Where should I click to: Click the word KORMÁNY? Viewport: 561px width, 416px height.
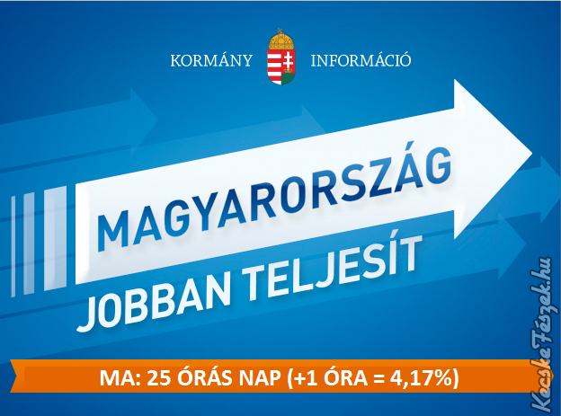pyautogui.click(x=211, y=60)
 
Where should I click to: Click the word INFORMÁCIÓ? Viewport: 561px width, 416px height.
pyautogui.click(x=361, y=60)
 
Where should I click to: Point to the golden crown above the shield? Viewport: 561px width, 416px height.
pyautogui.click(x=281, y=40)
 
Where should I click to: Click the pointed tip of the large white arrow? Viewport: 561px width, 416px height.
pyautogui.click(x=531, y=153)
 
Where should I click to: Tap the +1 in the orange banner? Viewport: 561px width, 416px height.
pyautogui.click(x=307, y=377)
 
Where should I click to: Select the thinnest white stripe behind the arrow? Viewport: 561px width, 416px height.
pyautogui.click(x=13, y=246)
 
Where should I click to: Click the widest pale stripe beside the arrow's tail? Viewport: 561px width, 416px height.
pyautogui.click(x=55, y=238)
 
